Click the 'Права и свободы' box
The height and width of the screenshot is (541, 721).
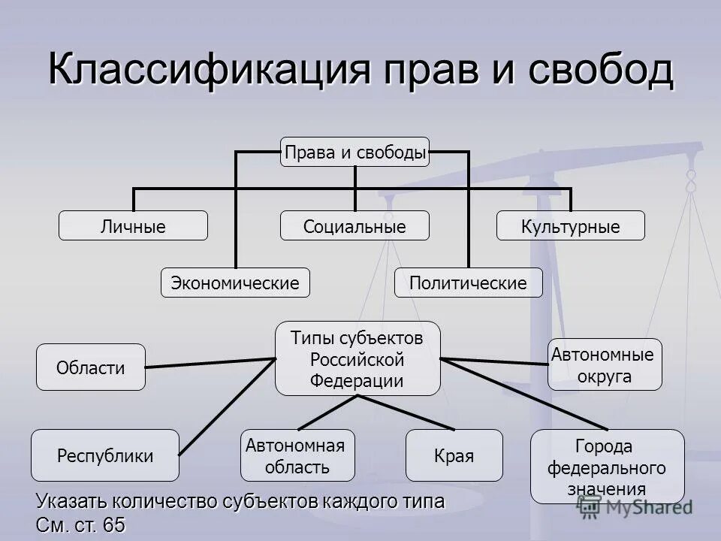355,153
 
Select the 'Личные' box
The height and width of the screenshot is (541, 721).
133,226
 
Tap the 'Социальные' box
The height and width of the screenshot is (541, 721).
354,226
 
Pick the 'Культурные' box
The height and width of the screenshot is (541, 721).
570,226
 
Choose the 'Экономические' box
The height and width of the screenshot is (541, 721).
235,283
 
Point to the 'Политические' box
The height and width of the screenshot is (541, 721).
468,283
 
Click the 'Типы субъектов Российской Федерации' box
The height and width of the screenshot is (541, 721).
357,359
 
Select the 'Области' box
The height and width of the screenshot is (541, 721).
91,367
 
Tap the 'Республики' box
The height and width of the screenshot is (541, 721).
105,455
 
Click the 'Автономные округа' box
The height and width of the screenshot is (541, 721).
605,364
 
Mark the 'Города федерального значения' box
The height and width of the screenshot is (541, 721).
607,467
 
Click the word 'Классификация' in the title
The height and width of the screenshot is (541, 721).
210,69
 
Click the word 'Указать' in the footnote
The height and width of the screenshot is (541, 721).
72,500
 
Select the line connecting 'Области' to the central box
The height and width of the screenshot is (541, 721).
210,363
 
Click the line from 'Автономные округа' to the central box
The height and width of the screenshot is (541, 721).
496,362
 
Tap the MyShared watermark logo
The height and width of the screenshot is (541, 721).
635,508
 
